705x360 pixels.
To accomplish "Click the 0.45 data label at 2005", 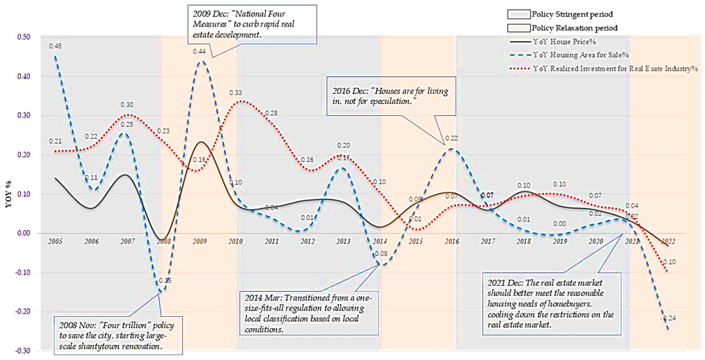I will pyautogui.click(x=55, y=46).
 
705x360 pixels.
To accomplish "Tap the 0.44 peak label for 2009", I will pyautogui.click(x=199, y=51).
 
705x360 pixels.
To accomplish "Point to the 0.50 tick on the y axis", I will pyautogui.click(x=23, y=37).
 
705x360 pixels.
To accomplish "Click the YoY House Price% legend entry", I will pyautogui.click(x=564, y=42).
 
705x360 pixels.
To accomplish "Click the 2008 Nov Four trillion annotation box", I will pyautogui.click(x=118, y=335).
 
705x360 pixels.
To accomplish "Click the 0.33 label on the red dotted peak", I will pyautogui.click(x=235, y=93).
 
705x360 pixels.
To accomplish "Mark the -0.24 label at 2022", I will pyautogui.click(x=668, y=318).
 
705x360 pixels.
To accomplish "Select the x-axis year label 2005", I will pyautogui.click(x=55, y=241).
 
